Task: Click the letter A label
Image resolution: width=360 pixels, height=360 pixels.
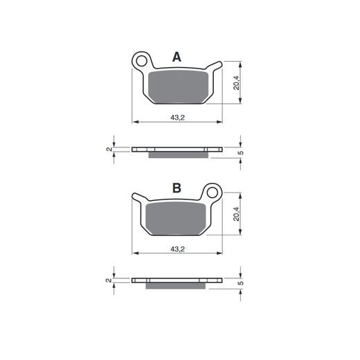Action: (177, 57)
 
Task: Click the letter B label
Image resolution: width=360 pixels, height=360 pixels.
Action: (177, 188)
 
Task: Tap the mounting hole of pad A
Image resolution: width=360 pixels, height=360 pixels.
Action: (141, 61)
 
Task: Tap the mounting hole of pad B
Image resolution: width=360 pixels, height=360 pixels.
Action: (213, 192)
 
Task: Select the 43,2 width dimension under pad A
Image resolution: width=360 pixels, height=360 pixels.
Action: (177, 118)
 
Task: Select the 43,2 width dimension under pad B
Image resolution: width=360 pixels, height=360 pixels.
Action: (177, 249)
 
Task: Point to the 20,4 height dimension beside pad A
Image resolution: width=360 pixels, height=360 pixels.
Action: (236, 82)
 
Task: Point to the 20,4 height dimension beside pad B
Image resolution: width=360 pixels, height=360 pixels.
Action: (236, 214)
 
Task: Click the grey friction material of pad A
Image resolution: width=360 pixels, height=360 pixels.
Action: (178, 87)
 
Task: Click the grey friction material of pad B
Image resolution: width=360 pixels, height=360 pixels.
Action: (176, 218)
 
